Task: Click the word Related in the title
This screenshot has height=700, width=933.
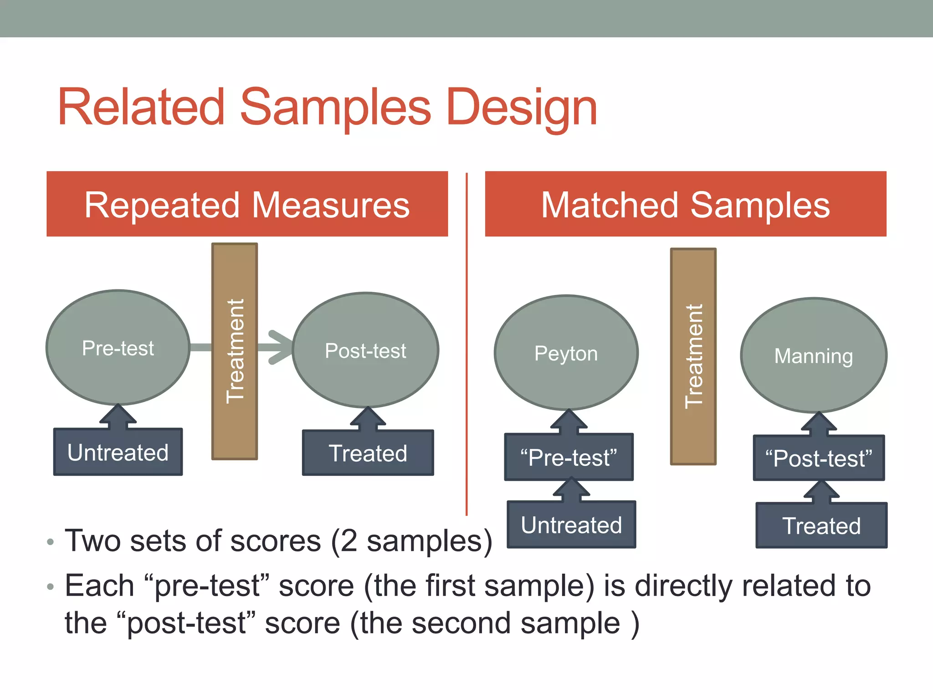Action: (x=141, y=108)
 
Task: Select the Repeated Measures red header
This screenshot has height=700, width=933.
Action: (x=247, y=204)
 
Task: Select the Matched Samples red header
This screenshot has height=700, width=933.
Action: (x=685, y=204)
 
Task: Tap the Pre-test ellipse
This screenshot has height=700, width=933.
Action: (x=118, y=348)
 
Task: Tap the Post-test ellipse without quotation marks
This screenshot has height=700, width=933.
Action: (x=365, y=350)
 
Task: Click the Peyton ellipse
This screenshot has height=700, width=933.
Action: (x=566, y=353)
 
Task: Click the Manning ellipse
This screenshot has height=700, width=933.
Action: (x=814, y=355)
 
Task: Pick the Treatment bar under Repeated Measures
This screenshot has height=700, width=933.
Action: (x=235, y=351)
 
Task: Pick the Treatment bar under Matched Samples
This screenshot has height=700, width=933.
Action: (x=693, y=356)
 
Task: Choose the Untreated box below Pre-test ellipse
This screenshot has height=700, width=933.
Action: (x=118, y=452)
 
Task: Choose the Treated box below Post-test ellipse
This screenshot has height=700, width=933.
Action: (x=368, y=453)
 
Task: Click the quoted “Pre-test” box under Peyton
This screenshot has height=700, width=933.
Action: (x=569, y=458)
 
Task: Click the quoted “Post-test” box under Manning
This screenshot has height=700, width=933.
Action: (x=819, y=458)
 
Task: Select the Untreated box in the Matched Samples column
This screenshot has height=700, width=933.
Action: (x=571, y=525)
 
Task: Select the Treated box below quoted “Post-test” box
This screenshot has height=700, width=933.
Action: (x=821, y=526)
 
